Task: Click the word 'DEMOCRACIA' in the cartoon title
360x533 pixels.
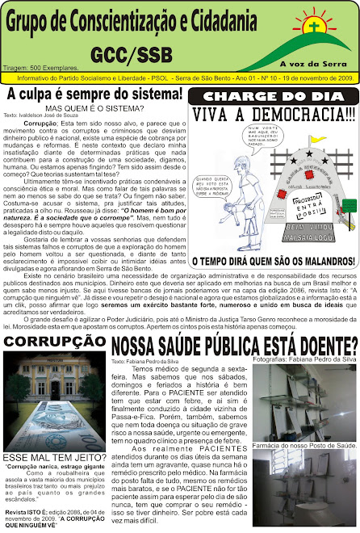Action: [x=292, y=115]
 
